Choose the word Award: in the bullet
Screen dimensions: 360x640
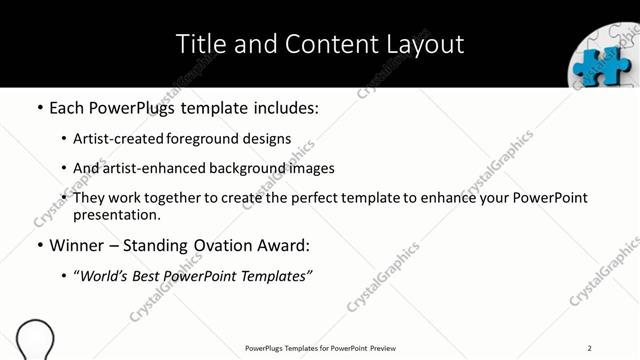tap(285, 245)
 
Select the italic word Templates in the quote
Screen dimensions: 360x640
tap(276, 275)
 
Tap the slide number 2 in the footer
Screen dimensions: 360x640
tap(590, 347)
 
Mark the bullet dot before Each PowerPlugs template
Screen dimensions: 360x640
tap(40, 105)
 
